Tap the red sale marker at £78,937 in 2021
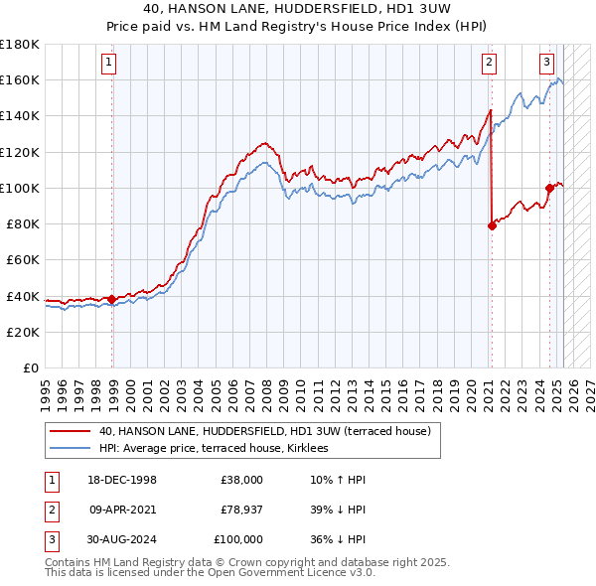[492, 225]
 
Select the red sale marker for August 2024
[549, 188]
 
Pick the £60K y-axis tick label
[22, 259]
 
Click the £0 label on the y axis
[32, 367]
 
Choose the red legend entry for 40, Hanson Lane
[264, 431]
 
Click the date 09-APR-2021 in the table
[123, 510]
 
